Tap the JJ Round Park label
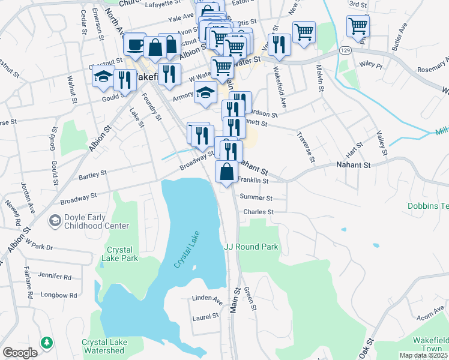[251, 246]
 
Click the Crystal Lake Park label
[122, 254]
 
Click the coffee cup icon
[134, 44]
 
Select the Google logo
[19, 353]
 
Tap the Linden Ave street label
[207, 298]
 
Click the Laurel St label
[205, 316]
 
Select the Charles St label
[258, 212]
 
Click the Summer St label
[256, 197]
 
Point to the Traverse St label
[306, 147]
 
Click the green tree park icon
[46, 343]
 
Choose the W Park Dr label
[38, 247]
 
